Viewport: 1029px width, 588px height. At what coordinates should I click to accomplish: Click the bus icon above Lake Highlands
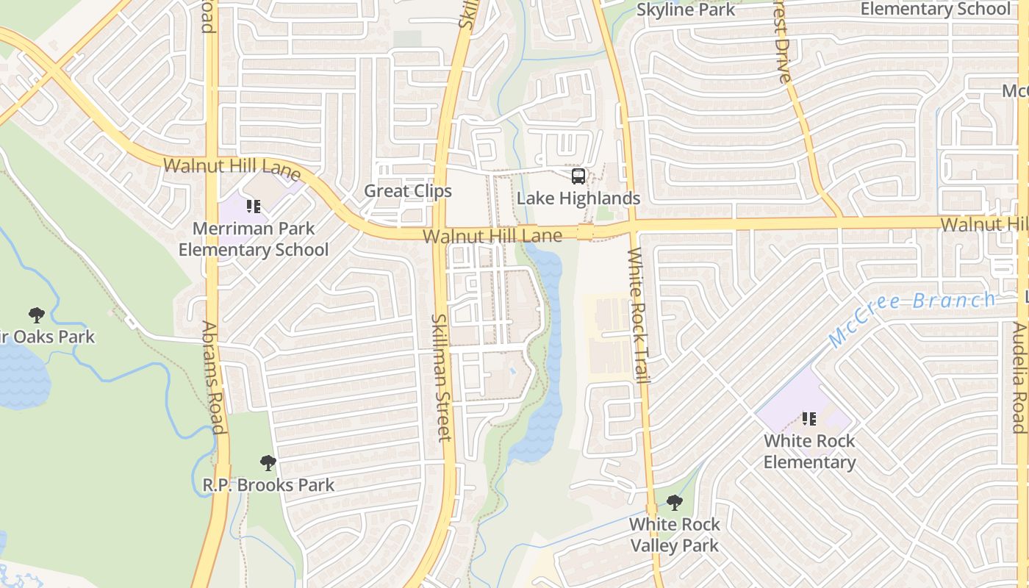coord(578,176)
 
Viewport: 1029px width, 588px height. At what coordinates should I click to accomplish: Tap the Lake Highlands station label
coord(578,198)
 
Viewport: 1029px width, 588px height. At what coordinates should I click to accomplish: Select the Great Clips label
coord(408,191)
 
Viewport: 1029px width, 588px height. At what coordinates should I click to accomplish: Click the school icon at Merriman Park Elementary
coord(254,207)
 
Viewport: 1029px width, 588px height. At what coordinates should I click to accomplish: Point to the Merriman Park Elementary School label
coord(254,239)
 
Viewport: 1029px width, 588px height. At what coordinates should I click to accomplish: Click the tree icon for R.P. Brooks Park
coord(268,463)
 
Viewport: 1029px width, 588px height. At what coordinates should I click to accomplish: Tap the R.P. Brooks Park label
coord(268,485)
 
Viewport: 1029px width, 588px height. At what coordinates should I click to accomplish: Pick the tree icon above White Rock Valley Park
coord(674,503)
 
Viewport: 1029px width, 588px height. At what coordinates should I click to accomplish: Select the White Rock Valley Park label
coord(674,535)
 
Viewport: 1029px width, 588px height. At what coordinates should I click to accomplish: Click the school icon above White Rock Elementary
coord(809,419)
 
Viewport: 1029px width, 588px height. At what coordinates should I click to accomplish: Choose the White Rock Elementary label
coord(809,451)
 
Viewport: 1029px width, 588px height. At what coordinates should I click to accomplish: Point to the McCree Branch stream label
coord(911,318)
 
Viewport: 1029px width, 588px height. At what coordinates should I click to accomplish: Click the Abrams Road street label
coord(212,378)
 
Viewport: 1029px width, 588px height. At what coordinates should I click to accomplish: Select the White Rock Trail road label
coord(639,316)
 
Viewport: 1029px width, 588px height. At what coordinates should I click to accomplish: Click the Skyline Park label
coord(685,10)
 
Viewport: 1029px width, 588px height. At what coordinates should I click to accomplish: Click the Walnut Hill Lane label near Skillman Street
coord(492,236)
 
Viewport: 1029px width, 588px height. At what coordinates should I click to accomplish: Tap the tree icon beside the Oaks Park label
coord(36,315)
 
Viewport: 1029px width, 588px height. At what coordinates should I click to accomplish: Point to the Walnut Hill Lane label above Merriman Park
coord(232,168)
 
